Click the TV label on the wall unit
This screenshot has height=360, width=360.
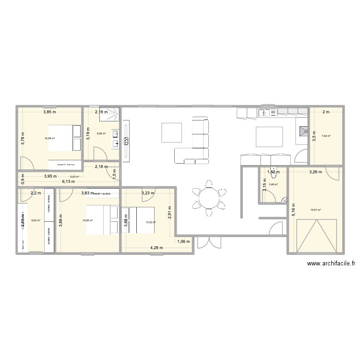(127, 141)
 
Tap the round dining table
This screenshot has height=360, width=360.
(209, 197)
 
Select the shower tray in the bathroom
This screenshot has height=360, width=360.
(112, 116)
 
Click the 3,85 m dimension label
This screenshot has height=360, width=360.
(49, 112)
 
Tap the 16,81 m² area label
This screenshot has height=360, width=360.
(315, 209)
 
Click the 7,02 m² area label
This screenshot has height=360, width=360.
(326, 136)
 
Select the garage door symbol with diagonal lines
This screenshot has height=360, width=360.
(315, 235)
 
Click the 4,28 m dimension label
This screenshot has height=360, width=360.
(156, 248)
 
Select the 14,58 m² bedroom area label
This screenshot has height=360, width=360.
(49, 139)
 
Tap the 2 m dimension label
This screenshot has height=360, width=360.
(326, 112)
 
